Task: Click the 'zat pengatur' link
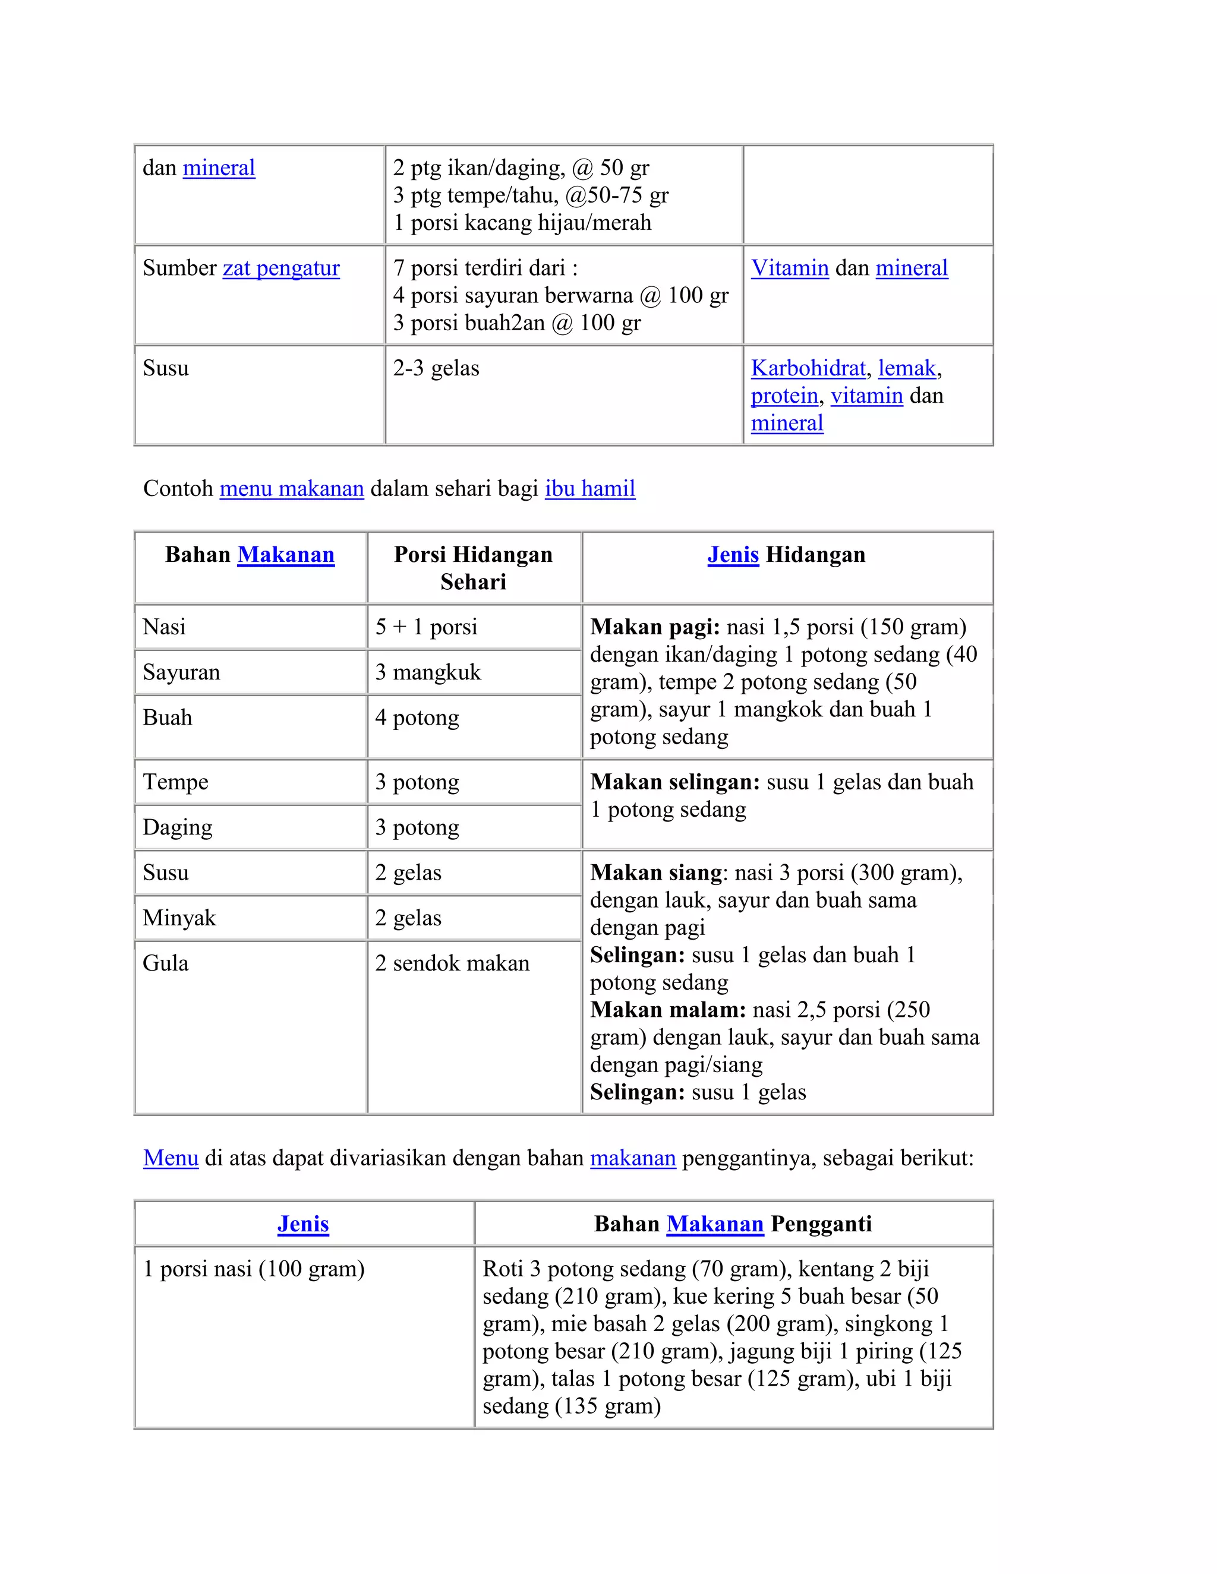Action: [280, 268]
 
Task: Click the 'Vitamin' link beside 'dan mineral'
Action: [790, 268]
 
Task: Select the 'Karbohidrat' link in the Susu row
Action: [808, 368]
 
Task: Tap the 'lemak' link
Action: [906, 368]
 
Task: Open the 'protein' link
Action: [784, 396]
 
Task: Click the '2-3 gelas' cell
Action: [436, 368]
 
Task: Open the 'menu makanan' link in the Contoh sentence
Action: [291, 489]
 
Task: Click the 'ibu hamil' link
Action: [589, 489]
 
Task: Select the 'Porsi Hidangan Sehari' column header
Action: [474, 568]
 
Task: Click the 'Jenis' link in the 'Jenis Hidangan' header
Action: [733, 555]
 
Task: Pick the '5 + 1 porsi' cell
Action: [426, 627]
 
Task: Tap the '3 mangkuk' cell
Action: [427, 672]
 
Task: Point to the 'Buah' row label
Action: [167, 718]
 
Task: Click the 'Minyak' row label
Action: [179, 918]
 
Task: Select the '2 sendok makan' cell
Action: [452, 963]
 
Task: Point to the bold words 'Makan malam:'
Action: [667, 1010]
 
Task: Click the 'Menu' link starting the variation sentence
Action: [171, 1158]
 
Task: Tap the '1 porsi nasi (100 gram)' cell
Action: [253, 1269]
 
